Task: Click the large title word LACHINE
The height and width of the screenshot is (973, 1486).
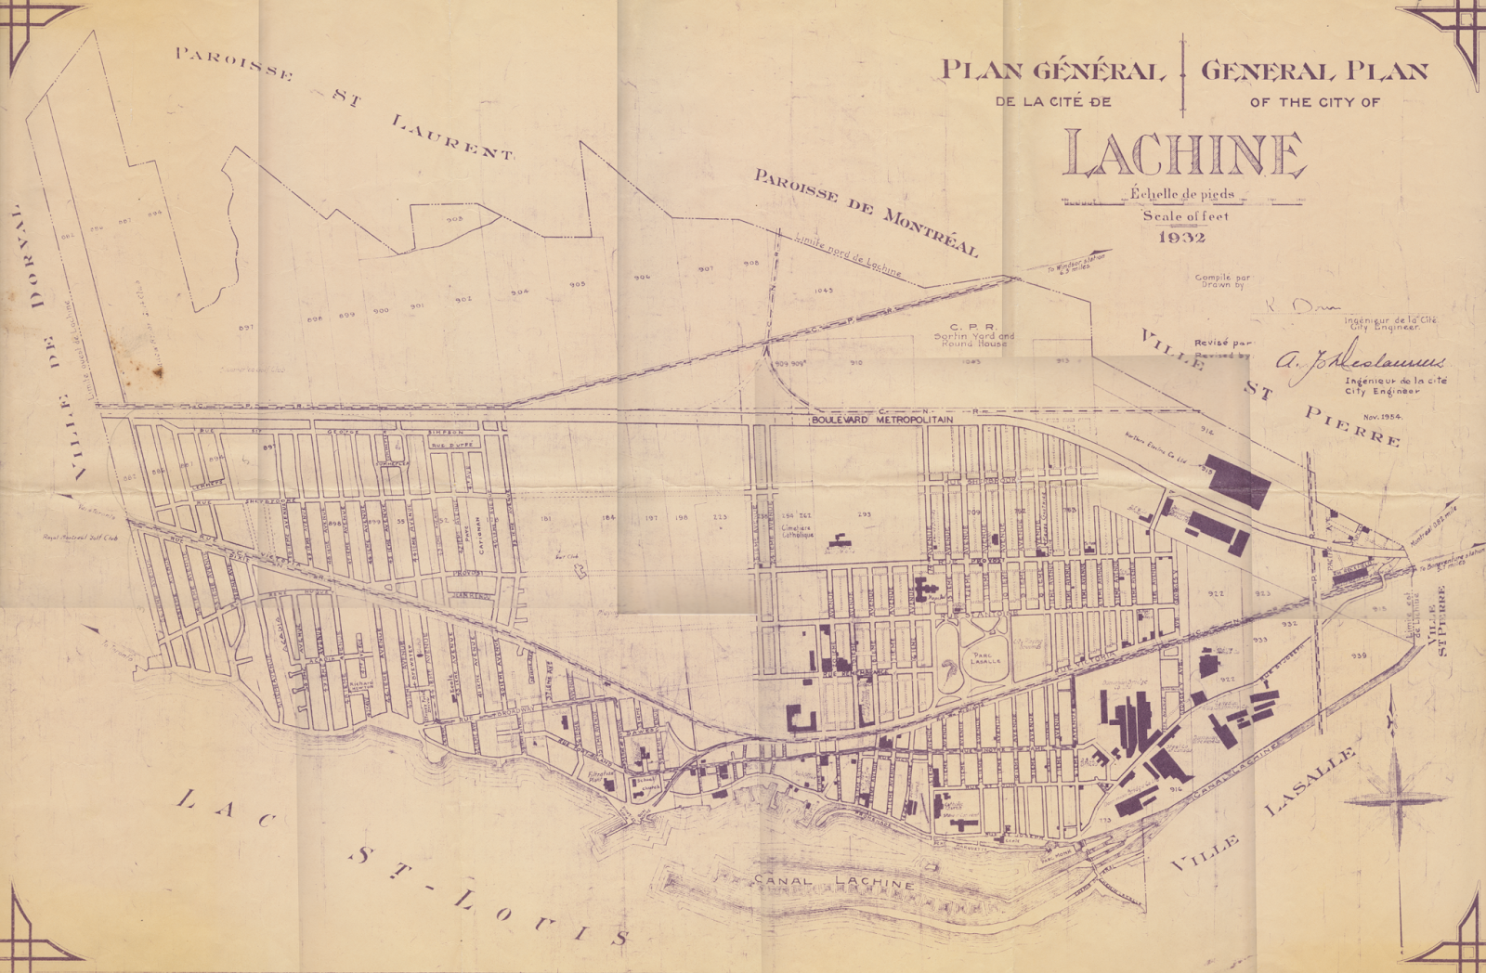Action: (x=1184, y=155)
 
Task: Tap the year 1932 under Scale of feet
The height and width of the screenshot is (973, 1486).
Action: (x=1182, y=238)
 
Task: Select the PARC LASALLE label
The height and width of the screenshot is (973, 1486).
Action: (x=984, y=658)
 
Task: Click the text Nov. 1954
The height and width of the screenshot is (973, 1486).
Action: (x=1382, y=417)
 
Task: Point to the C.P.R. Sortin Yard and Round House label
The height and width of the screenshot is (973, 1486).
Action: (x=973, y=335)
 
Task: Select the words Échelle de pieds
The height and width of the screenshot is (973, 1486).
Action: (x=1181, y=194)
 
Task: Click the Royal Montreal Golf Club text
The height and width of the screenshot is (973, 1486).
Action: (x=81, y=538)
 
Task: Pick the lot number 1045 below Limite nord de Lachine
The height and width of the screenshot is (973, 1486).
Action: (x=823, y=291)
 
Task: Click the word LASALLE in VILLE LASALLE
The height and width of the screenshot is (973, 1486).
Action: (x=1310, y=781)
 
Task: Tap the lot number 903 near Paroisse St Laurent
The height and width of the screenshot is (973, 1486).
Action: (x=454, y=220)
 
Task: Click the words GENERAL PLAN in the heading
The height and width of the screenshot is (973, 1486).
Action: (x=1313, y=71)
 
